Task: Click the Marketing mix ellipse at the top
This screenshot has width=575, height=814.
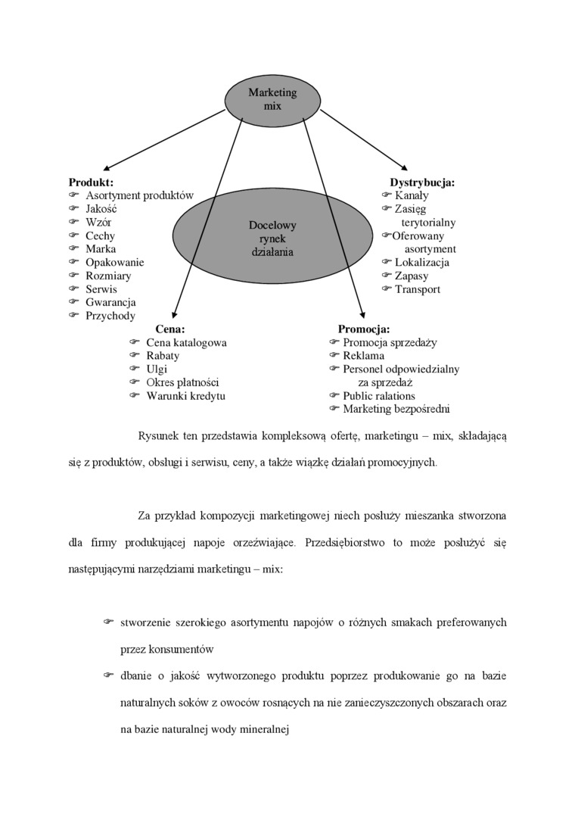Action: pyautogui.click(x=272, y=99)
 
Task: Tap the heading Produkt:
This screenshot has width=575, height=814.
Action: pyautogui.click(x=91, y=182)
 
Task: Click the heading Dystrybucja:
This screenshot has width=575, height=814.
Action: pyautogui.click(x=422, y=182)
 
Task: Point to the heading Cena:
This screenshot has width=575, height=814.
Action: pyautogui.click(x=170, y=329)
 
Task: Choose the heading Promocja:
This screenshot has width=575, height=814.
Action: pyautogui.click(x=364, y=329)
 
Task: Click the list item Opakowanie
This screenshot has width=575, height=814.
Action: pyautogui.click(x=114, y=263)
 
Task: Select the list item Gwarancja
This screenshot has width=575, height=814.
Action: pyautogui.click(x=110, y=302)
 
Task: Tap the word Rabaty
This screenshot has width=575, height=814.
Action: pyautogui.click(x=163, y=356)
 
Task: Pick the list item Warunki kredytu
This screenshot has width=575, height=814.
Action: pyautogui.click(x=185, y=395)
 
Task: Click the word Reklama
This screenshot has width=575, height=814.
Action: pyautogui.click(x=363, y=356)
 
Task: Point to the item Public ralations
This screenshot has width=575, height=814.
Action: pyautogui.click(x=379, y=395)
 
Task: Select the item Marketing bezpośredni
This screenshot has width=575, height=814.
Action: pyautogui.click(x=396, y=409)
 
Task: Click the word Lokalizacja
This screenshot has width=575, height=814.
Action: pyautogui.click(x=421, y=263)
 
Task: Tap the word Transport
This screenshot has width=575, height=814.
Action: pyautogui.click(x=417, y=289)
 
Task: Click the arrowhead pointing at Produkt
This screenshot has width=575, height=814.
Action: pyautogui.click(x=107, y=169)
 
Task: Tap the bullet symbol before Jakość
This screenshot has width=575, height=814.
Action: pyautogui.click(x=73, y=209)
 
